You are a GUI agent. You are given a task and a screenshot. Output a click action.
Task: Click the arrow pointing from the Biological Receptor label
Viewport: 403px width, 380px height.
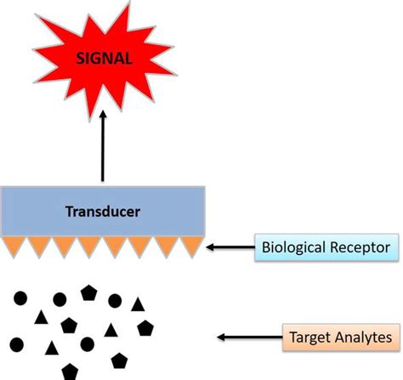230,248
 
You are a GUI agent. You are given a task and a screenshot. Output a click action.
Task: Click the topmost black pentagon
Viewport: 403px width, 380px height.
88,292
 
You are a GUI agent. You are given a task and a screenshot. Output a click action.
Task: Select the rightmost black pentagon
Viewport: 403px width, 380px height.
145,327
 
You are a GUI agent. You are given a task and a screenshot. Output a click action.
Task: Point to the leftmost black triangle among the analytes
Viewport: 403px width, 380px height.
40,317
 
